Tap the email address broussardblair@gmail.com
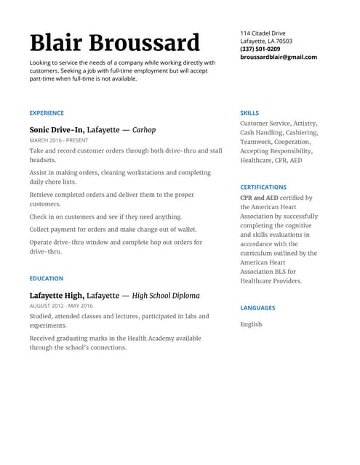(279, 57)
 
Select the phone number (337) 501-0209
(260, 49)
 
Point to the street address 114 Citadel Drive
(263, 33)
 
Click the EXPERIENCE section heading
(47, 113)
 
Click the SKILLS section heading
(249, 113)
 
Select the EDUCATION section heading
(47, 278)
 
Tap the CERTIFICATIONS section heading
(263, 187)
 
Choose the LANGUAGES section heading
(257, 308)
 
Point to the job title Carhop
(144, 130)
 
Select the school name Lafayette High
(56, 296)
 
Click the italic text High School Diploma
(166, 296)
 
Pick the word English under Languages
(251, 324)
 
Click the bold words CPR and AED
(259, 198)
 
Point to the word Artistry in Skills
(305, 124)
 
